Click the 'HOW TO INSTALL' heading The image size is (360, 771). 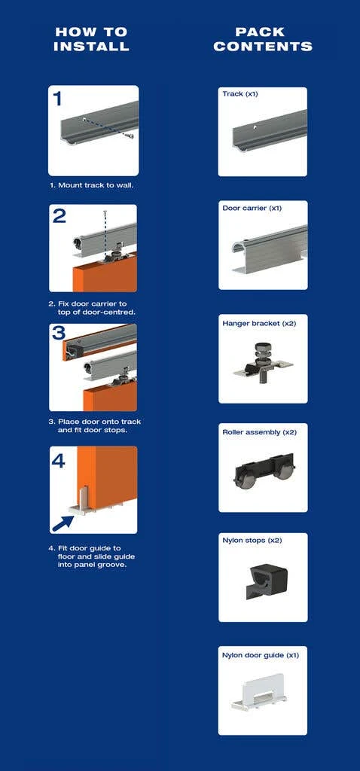click(91, 39)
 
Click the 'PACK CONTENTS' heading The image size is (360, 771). click(263, 39)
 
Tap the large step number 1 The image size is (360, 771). click(58, 99)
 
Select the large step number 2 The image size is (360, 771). click(59, 215)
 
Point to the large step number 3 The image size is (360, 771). click(59, 333)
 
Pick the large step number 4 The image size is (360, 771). click(59, 460)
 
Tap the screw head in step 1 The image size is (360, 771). click(130, 136)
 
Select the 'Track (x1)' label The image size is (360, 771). click(240, 93)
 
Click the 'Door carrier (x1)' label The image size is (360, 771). click(252, 208)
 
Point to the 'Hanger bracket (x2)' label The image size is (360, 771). click(259, 323)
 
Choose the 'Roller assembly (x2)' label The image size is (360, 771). click(260, 432)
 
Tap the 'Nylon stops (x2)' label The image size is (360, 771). click(252, 541)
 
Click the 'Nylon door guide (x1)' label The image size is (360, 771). click(261, 656)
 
